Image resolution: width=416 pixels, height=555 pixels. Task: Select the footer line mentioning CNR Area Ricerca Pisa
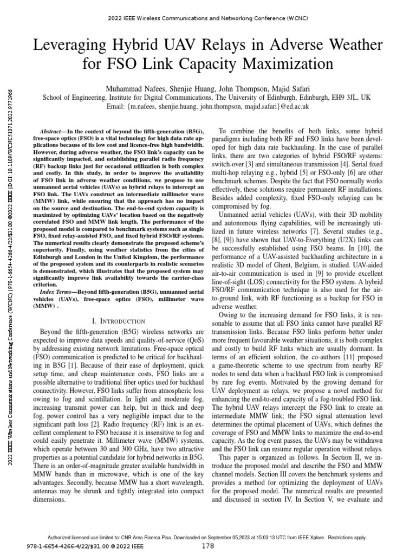tap(208, 538)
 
